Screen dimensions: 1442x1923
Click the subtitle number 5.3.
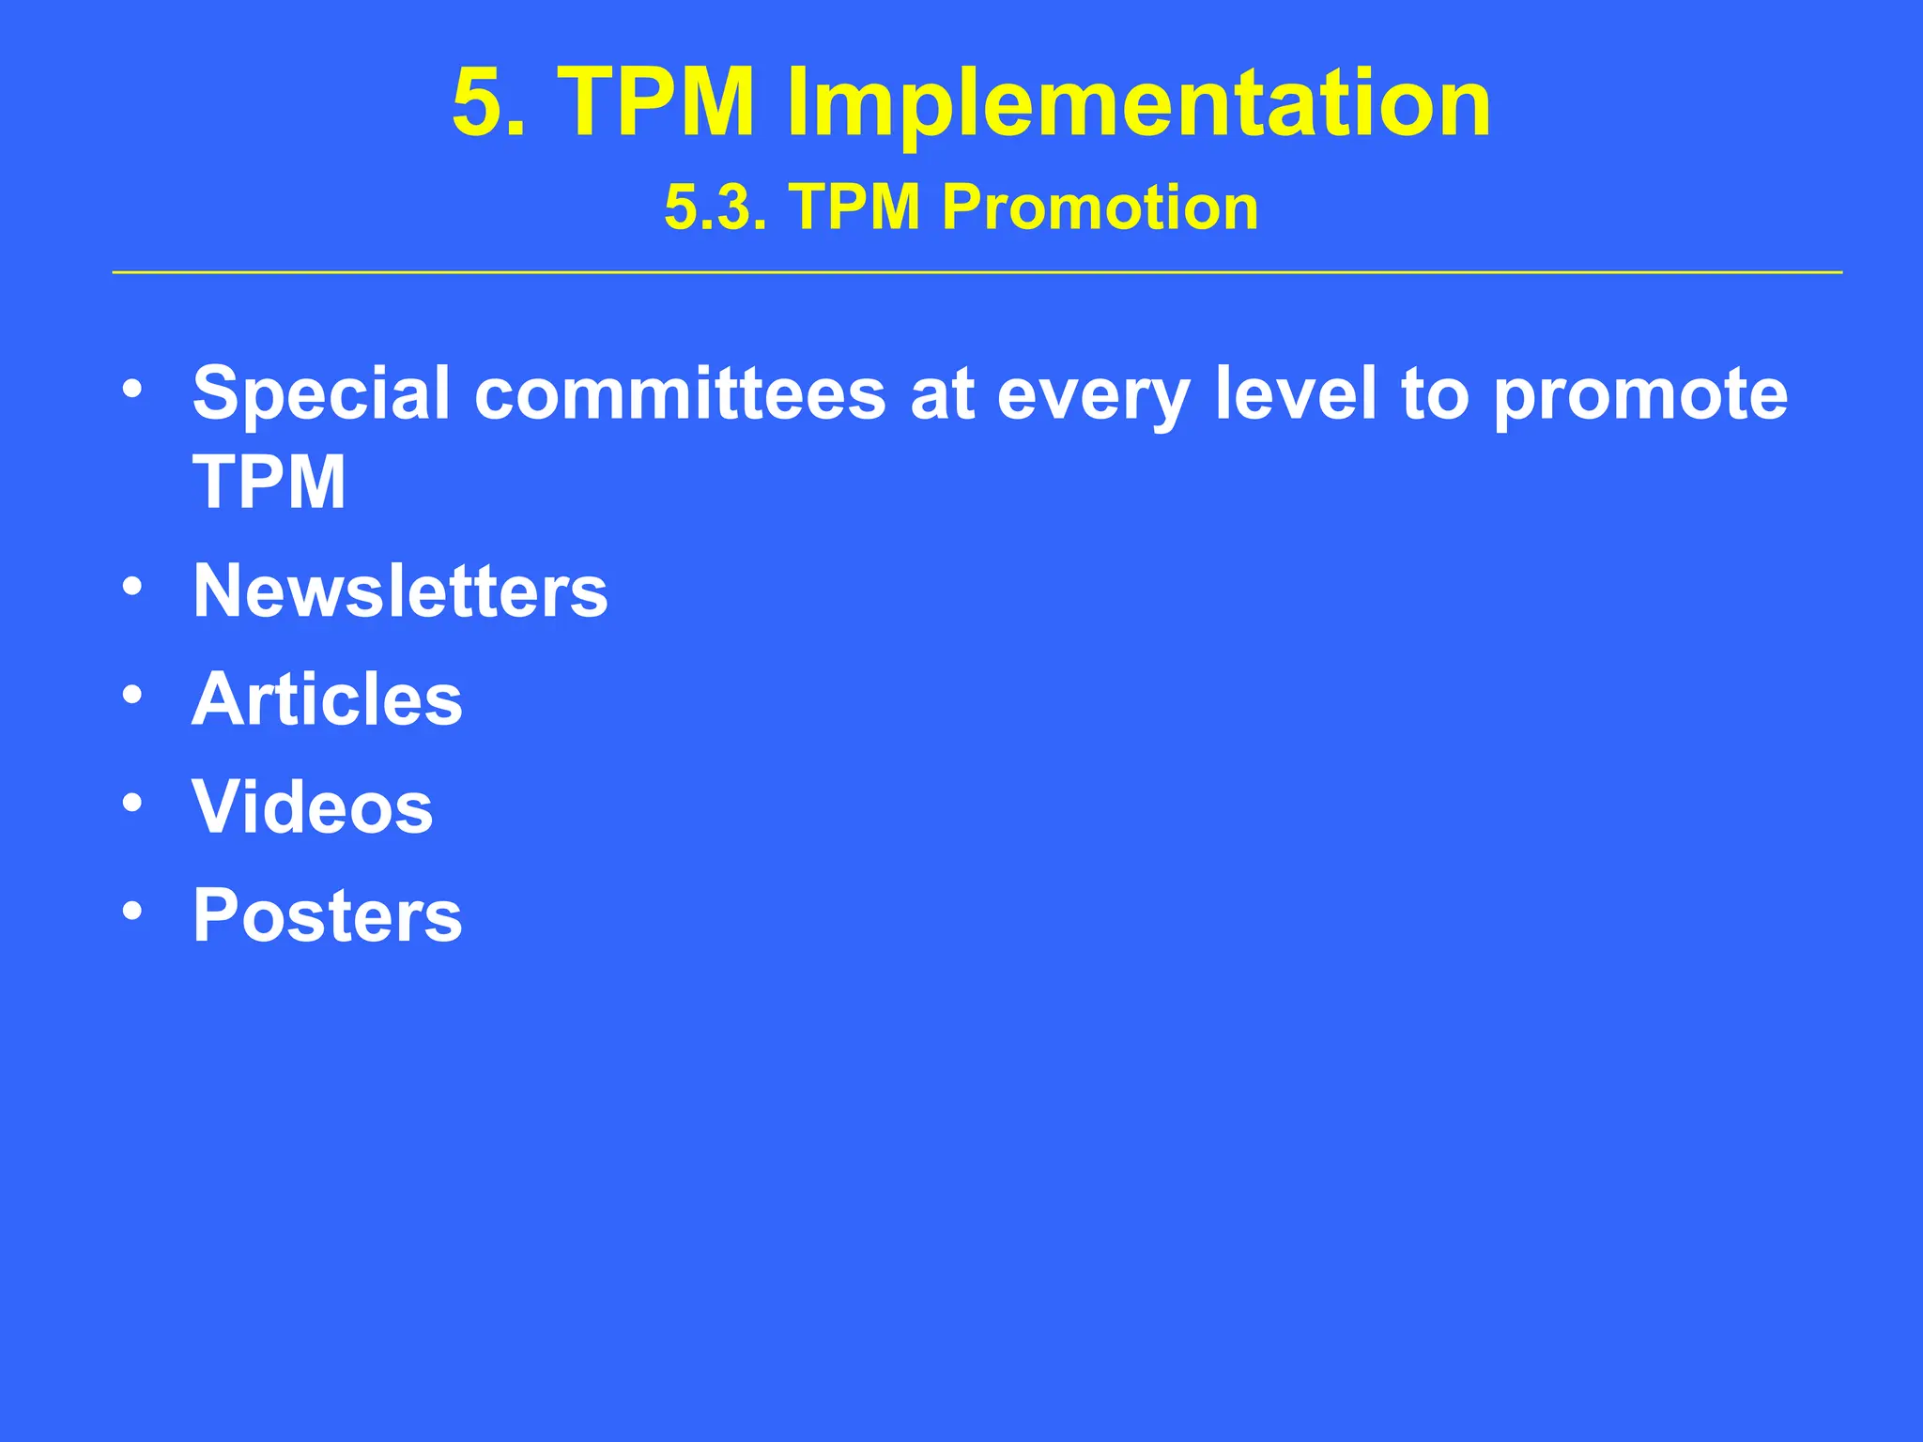click(715, 207)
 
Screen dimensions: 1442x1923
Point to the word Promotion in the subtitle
click(1100, 207)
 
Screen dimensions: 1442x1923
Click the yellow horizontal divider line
click(977, 272)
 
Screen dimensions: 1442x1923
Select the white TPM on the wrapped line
click(269, 483)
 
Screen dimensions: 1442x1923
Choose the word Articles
click(328, 699)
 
